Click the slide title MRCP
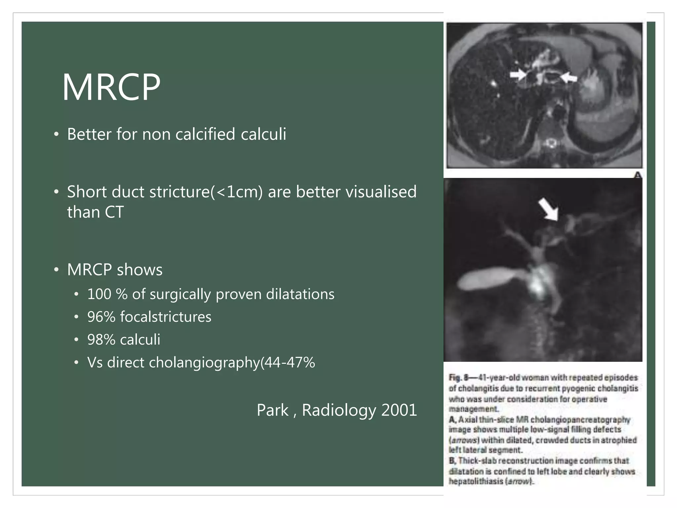click(x=111, y=87)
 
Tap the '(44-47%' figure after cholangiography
click(x=288, y=362)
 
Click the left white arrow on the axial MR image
click(x=518, y=75)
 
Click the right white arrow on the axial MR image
click(x=569, y=78)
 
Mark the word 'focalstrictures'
click(x=166, y=317)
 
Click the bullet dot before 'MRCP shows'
click(x=57, y=270)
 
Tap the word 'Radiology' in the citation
click(x=339, y=410)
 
